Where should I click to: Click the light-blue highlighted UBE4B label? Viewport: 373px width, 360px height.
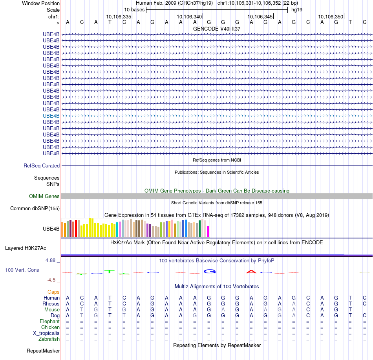[x=51, y=116]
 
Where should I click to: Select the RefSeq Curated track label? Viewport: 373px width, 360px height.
[x=42, y=166]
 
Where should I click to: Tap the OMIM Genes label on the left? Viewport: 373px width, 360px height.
[x=44, y=196]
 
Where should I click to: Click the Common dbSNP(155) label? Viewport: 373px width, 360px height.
[x=35, y=209]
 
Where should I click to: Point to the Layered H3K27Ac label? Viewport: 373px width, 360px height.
[x=26, y=248]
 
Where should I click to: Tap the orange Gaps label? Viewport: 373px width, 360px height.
[x=53, y=292]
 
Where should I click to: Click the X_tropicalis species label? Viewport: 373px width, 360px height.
[x=46, y=333]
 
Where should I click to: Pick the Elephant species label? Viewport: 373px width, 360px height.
[x=50, y=322]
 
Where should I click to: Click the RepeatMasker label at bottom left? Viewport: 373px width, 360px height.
[x=43, y=351]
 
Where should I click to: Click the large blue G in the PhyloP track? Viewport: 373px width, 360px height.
[x=210, y=271]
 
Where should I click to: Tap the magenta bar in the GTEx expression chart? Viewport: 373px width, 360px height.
[x=208, y=231]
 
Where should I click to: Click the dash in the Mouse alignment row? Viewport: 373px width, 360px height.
[x=365, y=310]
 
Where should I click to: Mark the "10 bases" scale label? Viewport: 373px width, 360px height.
[x=135, y=10]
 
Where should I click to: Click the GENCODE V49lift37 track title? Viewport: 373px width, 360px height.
[x=217, y=29]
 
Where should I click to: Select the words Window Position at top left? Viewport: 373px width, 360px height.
[x=41, y=4]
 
